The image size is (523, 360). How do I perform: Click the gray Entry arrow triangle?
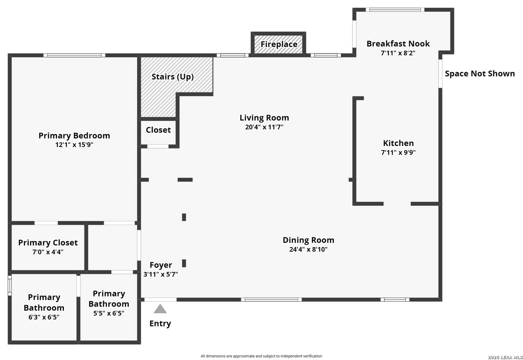160,309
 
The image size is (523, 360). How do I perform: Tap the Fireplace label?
279,44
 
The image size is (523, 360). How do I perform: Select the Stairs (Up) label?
172,77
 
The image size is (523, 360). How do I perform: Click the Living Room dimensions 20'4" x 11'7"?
264,127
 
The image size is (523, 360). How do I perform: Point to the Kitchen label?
398,143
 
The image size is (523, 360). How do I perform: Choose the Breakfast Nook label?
398,44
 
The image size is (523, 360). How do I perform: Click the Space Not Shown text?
480,74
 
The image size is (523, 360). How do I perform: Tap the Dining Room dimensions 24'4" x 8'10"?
308,249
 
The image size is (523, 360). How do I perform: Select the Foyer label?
161,265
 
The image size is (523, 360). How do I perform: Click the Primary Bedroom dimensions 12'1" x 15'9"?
74,145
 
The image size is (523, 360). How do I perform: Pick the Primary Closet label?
48,243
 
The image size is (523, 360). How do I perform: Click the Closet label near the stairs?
158,130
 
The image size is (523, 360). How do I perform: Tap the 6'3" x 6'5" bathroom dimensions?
44,317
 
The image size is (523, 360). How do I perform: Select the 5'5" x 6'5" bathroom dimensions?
109,313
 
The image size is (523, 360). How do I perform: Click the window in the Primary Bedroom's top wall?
74,55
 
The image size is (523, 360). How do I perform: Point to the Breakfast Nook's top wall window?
395,10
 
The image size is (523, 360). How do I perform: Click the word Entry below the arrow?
160,323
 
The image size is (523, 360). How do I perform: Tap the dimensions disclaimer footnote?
261,356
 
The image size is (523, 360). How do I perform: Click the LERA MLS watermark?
505,357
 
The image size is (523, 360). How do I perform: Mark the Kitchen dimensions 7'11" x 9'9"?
398,153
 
